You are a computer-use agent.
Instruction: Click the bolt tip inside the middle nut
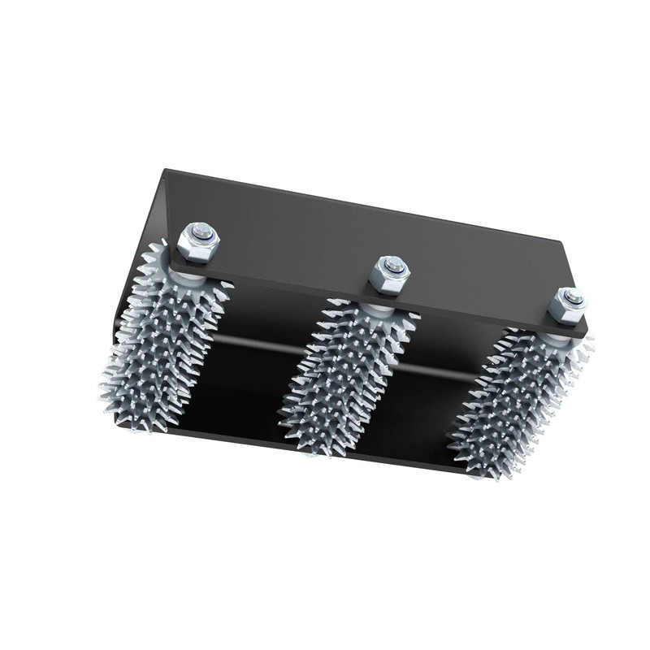(393, 266)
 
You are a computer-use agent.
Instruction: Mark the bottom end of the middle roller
(313, 443)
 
